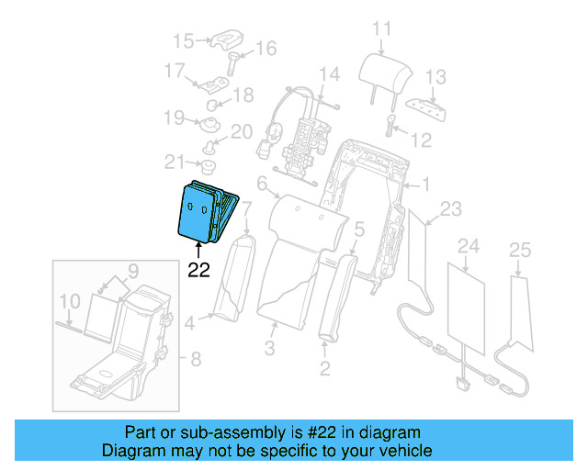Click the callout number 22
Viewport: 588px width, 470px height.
(199, 270)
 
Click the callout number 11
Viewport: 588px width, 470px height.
(380, 28)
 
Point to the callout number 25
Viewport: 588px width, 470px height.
(520, 250)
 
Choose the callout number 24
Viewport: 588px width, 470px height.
(469, 245)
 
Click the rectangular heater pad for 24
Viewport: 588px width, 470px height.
(468, 308)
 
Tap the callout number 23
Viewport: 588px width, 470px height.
(451, 209)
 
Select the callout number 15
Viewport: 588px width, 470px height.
(185, 40)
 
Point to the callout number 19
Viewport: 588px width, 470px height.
(175, 117)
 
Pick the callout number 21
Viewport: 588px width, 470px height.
(175, 162)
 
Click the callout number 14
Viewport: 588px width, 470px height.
(329, 73)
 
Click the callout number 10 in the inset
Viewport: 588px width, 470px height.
(70, 300)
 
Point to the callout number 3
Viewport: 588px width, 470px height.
(269, 348)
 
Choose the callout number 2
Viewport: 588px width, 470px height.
(324, 370)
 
